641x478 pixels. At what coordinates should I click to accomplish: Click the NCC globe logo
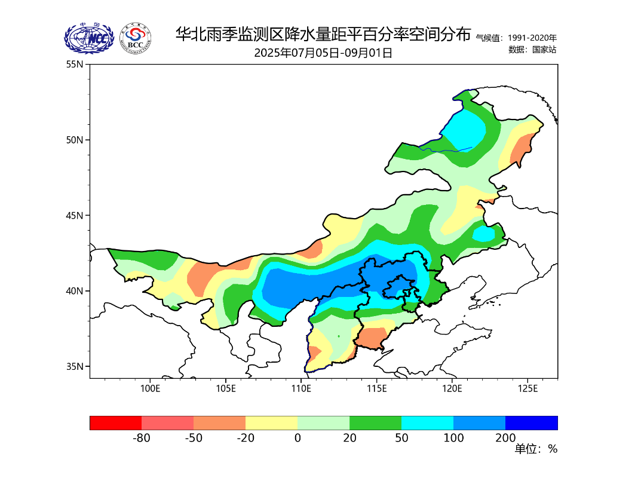(x=89, y=38)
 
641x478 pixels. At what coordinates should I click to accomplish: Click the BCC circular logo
(x=135, y=38)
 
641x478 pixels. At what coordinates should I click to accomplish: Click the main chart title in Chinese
(x=323, y=34)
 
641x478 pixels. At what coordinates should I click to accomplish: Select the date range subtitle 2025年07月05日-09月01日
(x=323, y=53)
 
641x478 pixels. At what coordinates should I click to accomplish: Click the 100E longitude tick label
(x=150, y=389)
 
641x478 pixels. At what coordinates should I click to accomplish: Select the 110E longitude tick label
(x=301, y=389)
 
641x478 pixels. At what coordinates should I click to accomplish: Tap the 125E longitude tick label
(x=527, y=389)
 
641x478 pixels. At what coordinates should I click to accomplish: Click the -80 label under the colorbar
(x=141, y=438)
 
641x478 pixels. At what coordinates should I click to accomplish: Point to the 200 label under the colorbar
(x=505, y=438)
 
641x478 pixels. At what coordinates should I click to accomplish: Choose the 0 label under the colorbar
(x=298, y=438)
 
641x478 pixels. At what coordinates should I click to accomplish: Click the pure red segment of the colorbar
(x=115, y=423)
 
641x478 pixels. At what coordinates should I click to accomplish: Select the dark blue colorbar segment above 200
(x=532, y=423)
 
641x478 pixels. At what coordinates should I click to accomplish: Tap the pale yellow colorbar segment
(x=271, y=423)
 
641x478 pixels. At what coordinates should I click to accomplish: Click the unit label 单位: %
(x=536, y=449)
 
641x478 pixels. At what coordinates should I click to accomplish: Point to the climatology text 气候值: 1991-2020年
(x=516, y=38)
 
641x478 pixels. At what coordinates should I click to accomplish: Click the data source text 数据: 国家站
(x=532, y=50)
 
